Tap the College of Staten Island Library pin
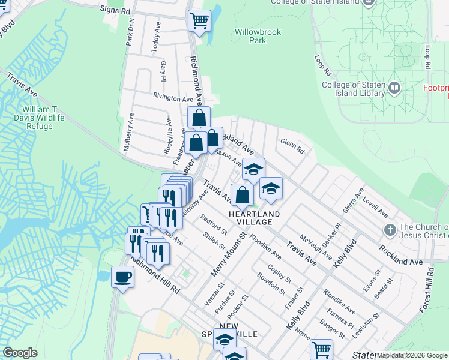pyautogui.click(x=394, y=88)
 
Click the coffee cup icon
pyautogui.click(x=123, y=277)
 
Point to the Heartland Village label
pyautogui.click(x=254, y=214)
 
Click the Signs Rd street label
pyautogui.click(x=116, y=10)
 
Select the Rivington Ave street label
pyautogui.click(x=173, y=97)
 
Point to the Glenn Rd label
pyautogui.click(x=292, y=146)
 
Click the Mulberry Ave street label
pyautogui.click(x=130, y=135)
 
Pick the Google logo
pyautogui.click(x=20, y=353)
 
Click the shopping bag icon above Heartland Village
pyautogui.click(x=242, y=195)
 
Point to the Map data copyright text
pyautogui.click(x=412, y=355)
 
